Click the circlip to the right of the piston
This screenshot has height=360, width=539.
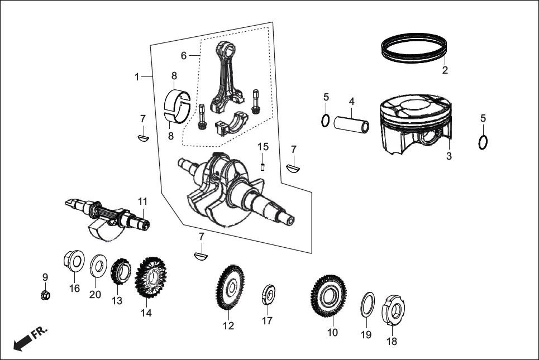[484, 142]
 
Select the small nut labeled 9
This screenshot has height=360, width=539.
[46, 294]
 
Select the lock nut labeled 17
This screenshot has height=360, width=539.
[269, 295]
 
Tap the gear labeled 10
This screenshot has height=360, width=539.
[328, 295]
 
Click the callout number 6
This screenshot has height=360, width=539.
[183, 56]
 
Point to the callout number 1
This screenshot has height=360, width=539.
[136, 77]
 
